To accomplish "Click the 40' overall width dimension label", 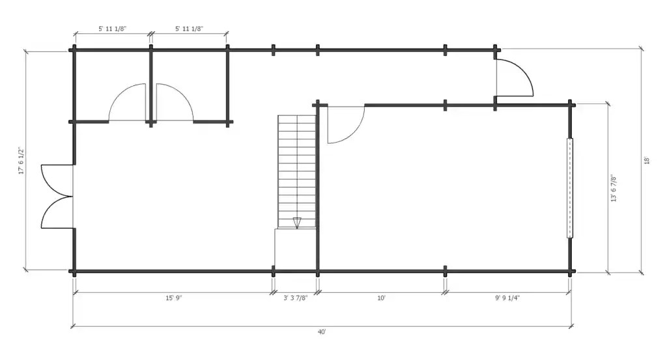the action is tap(322, 331).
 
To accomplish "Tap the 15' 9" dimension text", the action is tap(173, 298).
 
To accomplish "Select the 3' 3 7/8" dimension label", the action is tap(295, 298).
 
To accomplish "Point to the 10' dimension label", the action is tap(381, 298).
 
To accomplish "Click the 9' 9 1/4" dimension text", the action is tap(507, 298).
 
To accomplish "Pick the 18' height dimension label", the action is tap(647, 160).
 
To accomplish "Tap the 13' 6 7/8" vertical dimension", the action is tap(614, 188).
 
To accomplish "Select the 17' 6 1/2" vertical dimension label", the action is tap(21, 161).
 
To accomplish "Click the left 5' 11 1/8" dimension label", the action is tap(112, 29).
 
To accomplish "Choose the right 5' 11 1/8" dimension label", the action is tap(189, 29).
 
